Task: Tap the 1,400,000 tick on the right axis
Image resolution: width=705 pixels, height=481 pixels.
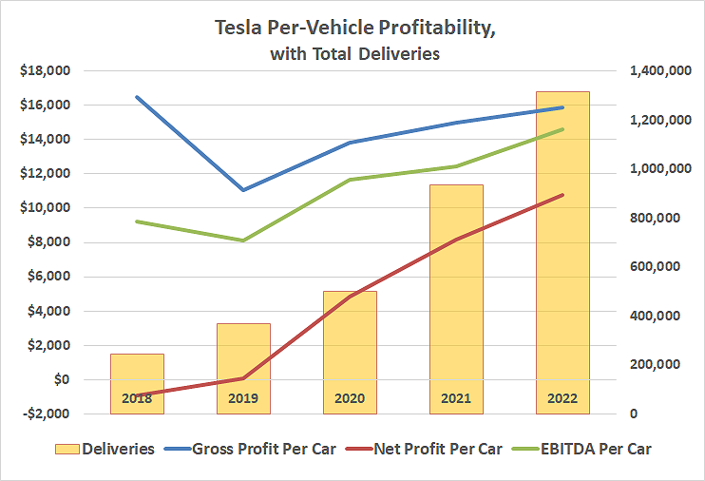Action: click(653, 70)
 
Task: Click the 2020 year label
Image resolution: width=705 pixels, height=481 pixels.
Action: click(350, 398)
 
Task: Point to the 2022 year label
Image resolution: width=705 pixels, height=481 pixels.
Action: click(562, 398)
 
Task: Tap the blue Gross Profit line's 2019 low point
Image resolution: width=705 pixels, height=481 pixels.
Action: click(243, 190)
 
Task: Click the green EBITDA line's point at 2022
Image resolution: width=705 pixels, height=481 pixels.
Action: click(562, 129)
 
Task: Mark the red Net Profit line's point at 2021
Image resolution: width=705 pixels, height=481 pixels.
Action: click(456, 240)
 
